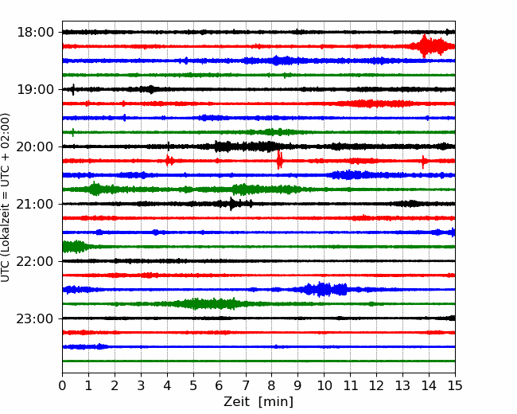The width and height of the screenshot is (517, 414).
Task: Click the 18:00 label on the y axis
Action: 35,33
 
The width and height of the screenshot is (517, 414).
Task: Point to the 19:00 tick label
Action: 35,89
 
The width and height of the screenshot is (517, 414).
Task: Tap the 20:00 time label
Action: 35,146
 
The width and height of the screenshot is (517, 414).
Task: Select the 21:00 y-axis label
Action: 35,204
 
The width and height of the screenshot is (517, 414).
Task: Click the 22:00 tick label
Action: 35,261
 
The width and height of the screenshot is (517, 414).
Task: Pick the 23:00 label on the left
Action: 35,318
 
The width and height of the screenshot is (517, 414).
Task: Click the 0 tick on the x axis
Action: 62,385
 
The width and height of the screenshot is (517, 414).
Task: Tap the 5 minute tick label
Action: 193,385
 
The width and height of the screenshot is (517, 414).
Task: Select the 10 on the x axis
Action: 324,385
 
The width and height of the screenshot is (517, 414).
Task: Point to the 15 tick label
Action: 455,385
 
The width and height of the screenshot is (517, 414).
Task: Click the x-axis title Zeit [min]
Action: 258,402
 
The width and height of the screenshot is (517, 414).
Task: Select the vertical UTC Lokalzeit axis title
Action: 5,197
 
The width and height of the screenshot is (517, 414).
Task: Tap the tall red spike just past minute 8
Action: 279,160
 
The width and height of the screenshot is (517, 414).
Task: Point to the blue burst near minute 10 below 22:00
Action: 323,290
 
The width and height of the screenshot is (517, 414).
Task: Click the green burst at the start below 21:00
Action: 76,247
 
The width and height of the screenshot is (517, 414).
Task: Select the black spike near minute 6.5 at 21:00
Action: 231,204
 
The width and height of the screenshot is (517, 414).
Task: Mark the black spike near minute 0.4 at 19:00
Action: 73,89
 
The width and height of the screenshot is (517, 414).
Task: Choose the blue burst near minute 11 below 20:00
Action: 348,174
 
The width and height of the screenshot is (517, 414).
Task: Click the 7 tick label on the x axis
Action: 246,385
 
